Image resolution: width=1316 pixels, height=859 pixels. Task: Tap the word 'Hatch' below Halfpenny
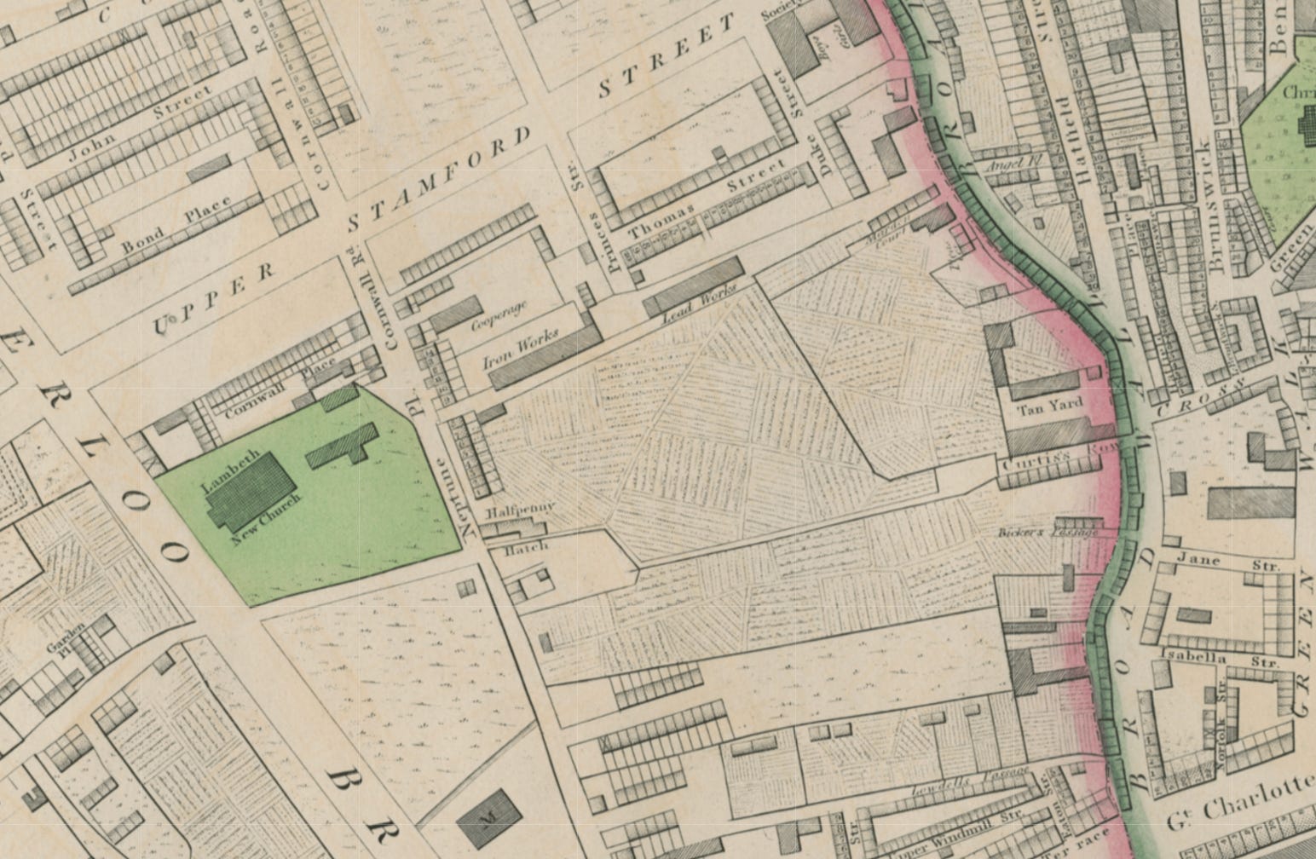click(x=527, y=548)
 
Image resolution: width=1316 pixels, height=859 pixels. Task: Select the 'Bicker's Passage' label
click(x=1047, y=533)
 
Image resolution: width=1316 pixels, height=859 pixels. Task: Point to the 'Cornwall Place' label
click(x=281, y=391)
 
